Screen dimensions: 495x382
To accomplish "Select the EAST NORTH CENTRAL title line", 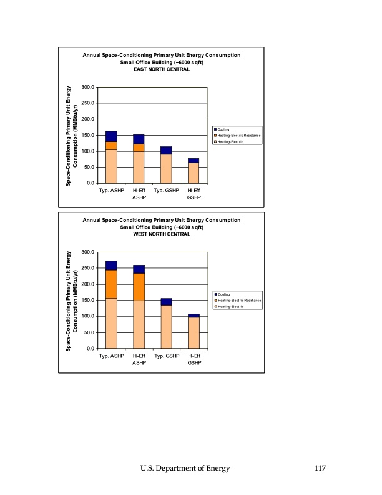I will [162, 69].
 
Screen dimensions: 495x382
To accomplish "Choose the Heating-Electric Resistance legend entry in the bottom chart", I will [239, 301].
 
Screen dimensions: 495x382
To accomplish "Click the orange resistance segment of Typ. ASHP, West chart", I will [111, 284].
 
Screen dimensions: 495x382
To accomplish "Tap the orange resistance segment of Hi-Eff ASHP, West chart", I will [139, 286].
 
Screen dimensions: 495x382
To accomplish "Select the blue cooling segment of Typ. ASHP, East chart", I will [111, 136].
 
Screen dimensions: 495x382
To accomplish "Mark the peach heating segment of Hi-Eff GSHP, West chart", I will [193, 332].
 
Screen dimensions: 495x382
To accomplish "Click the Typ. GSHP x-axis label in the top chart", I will [166, 190].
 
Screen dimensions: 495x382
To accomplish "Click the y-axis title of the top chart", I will [71, 135].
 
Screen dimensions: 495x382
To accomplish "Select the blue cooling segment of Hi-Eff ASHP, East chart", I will [139, 139].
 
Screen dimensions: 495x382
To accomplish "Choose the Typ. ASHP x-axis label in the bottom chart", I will [111, 355].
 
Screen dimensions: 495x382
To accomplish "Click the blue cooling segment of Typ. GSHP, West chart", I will [166, 302].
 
